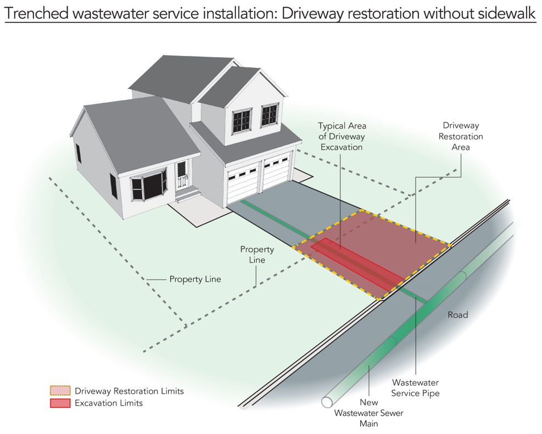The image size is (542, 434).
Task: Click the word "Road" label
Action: point(457,314)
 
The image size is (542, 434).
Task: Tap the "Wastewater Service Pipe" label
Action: point(415,388)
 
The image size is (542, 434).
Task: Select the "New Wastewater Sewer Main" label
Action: point(368,413)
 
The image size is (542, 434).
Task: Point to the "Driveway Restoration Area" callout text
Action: point(461,136)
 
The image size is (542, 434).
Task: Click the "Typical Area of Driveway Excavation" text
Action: point(342,137)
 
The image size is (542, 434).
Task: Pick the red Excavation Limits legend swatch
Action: point(60,403)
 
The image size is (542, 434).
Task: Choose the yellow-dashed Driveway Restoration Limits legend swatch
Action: point(60,391)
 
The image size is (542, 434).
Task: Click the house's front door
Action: point(182,174)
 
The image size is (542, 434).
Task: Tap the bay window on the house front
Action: point(149,188)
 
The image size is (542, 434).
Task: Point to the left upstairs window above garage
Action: point(242,121)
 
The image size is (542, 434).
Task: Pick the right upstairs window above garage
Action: point(270,115)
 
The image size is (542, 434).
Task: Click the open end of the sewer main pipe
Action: point(327,402)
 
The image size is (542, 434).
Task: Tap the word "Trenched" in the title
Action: point(36,14)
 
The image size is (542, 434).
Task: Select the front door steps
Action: point(187,194)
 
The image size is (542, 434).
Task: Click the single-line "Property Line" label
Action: point(195,279)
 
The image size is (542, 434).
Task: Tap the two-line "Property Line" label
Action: point(257,255)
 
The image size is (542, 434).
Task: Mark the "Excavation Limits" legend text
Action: point(109,403)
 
